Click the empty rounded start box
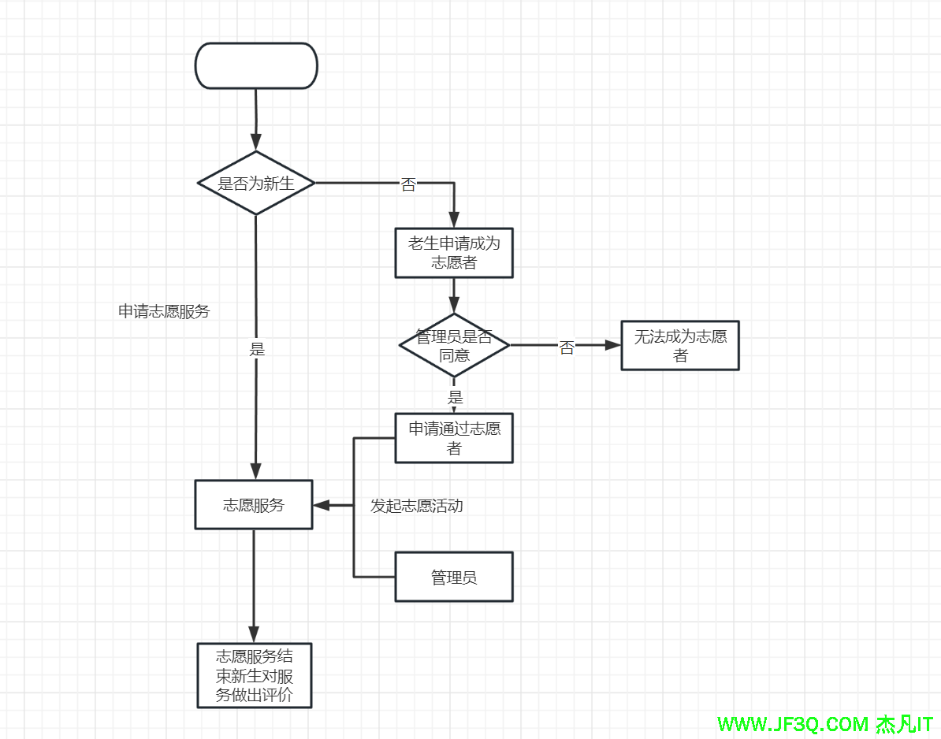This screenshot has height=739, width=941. pyautogui.click(x=256, y=65)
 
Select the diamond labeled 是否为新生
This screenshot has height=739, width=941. pyautogui.click(x=256, y=183)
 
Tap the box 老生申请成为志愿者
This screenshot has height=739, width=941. pyautogui.click(x=454, y=253)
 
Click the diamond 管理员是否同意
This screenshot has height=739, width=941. pyautogui.click(x=454, y=345)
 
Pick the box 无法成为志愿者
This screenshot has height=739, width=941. pyautogui.click(x=680, y=346)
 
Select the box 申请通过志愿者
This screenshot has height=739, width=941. pyautogui.click(x=454, y=438)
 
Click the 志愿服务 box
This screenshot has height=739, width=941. pyautogui.click(x=254, y=505)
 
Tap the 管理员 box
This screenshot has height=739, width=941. pyautogui.click(x=454, y=577)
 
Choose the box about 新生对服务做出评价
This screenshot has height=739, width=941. pyautogui.click(x=254, y=675)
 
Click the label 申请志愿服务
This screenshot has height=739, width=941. pyautogui.click(x=164, y=311)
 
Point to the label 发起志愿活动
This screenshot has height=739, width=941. pyautogui.click(x=417, y=506)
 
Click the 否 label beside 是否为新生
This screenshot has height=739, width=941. pyautogui.click(x=408, y=186)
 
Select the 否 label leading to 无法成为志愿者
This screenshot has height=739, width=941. pyautogui.click(x=567, y=348)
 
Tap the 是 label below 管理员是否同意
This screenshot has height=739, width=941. pyautogui.click(x=456, y=397)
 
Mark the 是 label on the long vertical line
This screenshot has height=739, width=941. pyautogui.click(x=257, y=349)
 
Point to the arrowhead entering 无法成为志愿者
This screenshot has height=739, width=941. pyautogui.click(x=613, y=345)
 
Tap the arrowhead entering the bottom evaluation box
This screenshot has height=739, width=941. pyautogui.click(x=254, y=634)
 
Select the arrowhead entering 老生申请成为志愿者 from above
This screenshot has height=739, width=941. pyautogui.click(x=454, y=221)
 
